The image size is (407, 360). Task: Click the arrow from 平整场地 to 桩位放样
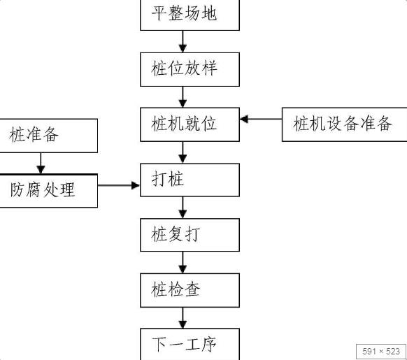point(183,41)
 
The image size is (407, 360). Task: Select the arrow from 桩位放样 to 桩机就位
point(183,96)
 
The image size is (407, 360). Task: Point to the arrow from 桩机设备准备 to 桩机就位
point(261,119)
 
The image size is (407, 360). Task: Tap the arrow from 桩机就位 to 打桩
point(183,151)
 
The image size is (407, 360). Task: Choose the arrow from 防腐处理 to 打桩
point(119,185)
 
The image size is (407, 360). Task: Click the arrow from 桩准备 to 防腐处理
point(41,163)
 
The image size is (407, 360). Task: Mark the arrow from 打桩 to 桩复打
point(183,206)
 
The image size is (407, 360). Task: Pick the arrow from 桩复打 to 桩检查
point(183,261)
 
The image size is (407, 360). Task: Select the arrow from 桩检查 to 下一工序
point(183,315)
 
